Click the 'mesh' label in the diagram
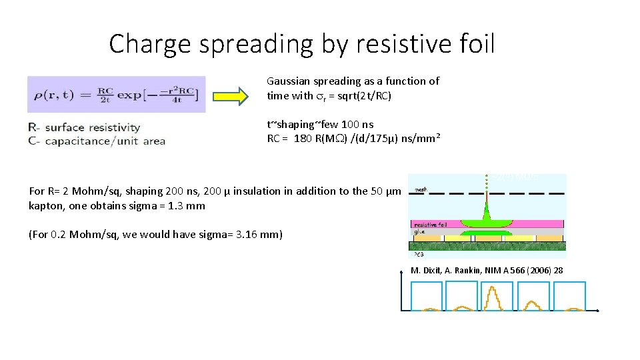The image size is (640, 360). (x=421, y=189)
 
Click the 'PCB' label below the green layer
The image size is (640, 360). (x=419, y=254)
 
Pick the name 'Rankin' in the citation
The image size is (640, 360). (x=471, y=270)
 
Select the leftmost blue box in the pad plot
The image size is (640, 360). (x=427, y=295)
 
